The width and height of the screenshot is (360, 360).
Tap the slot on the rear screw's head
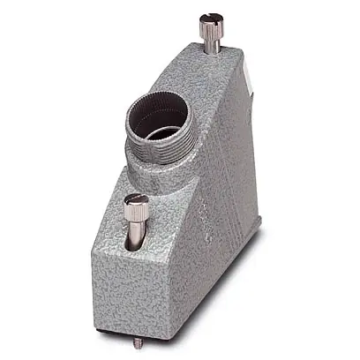tap(210, 17)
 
